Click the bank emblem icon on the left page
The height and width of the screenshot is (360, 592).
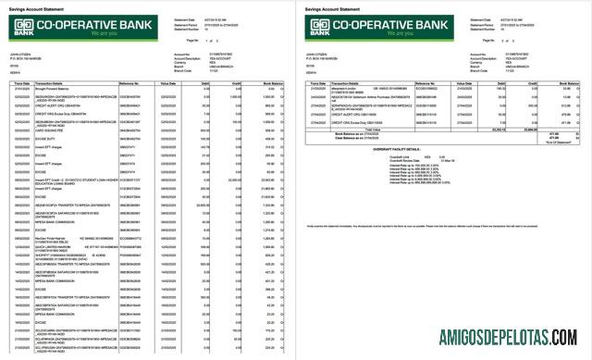click(x=23, y=27)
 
